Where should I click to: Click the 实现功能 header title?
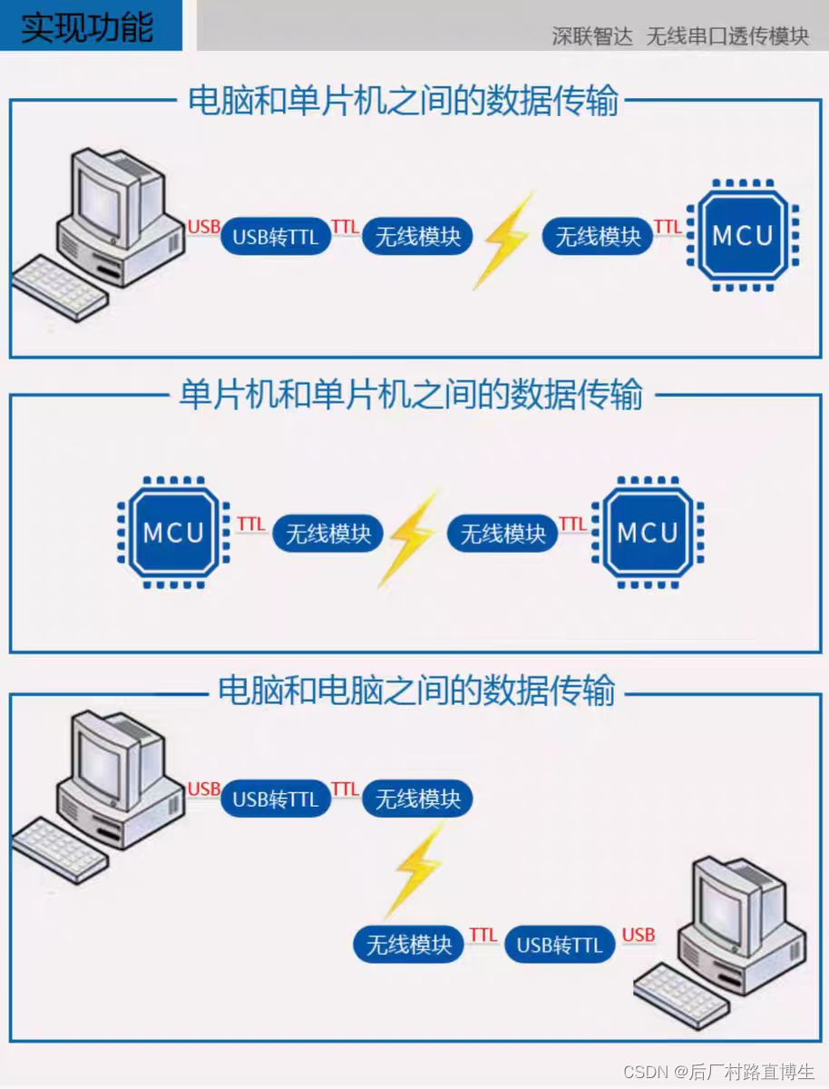88,26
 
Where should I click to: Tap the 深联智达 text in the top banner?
592,36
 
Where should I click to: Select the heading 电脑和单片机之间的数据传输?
403,101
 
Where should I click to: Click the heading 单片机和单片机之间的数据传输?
411,396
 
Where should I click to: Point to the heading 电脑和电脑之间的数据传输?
416,692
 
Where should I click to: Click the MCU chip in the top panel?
743,236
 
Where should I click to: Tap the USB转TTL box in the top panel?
276,237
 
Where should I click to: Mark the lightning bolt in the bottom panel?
414,868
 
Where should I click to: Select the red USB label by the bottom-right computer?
639,935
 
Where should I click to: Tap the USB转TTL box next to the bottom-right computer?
559,946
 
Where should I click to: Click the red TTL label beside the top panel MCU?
668,226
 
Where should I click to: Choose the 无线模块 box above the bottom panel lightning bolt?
418,799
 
